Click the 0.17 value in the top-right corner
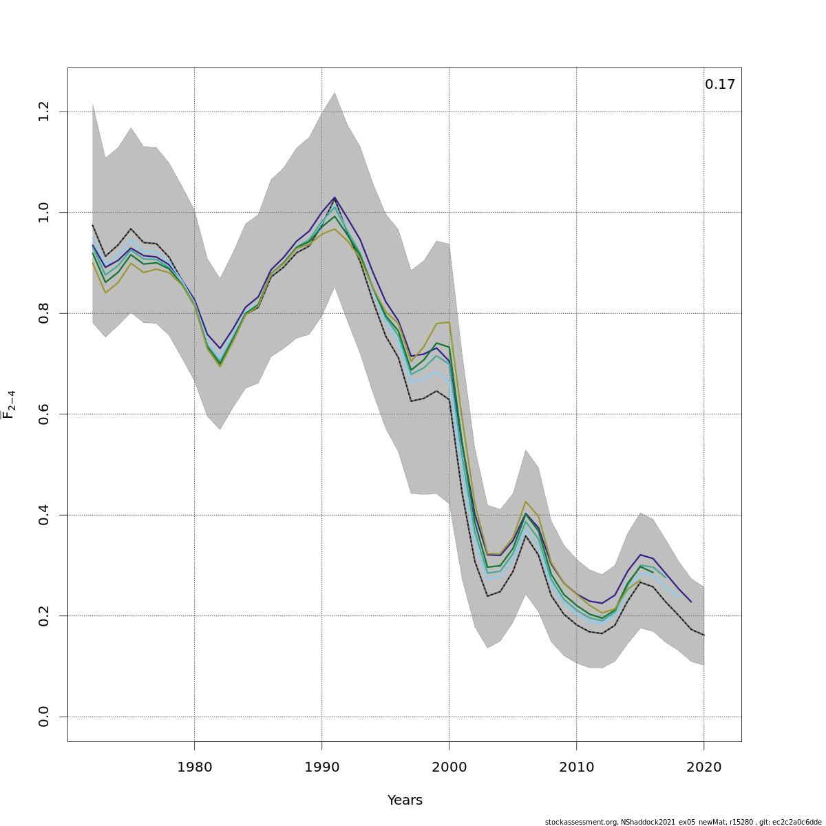pos(719,85)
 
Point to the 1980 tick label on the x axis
pos(194,767)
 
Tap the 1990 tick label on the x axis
pos(321,767)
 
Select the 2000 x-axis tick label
pos(449,767)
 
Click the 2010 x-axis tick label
pos(576,767)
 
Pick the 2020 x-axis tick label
pos(703,767)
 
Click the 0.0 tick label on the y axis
pos(44,717)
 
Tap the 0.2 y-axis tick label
pos(44,615)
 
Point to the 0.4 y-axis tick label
pos(44,515)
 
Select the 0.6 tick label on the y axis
pos(44,414)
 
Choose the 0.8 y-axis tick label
pos(44,313)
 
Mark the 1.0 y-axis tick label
pos(44,212)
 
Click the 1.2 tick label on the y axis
pos(44,112)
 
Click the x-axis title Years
pos(405,801)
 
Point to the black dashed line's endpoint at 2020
pos(703,635)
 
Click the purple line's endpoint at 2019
pos(691,602)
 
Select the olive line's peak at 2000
pos(449,322)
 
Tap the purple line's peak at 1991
pos(335,198)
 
